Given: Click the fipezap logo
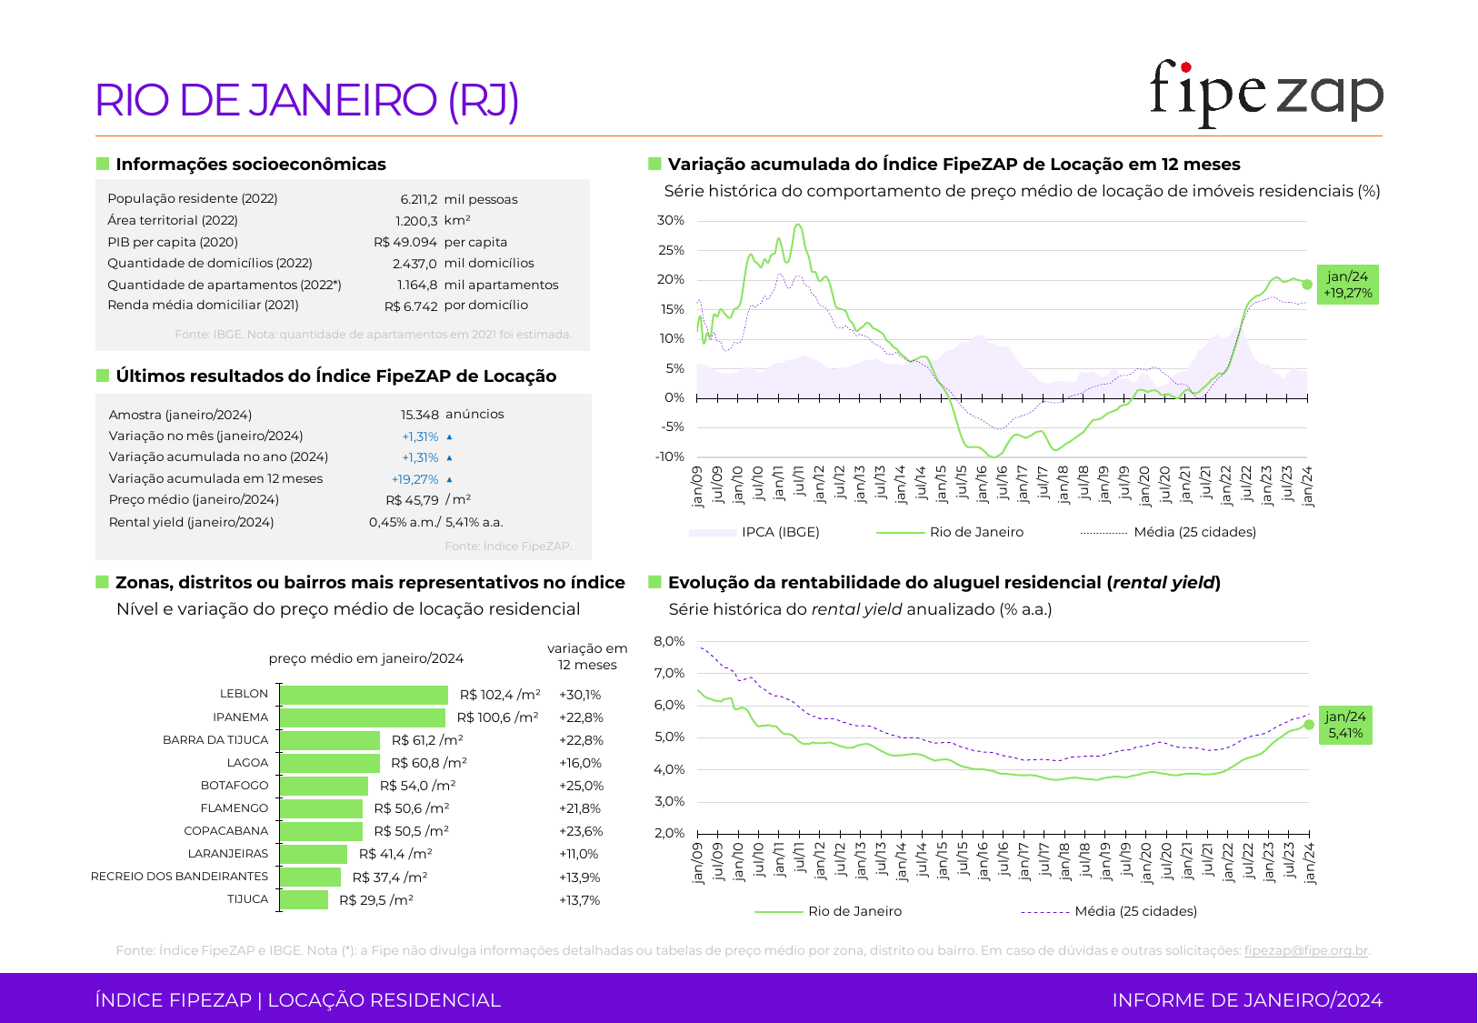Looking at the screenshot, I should pyautogui.click(x=1265, y=94).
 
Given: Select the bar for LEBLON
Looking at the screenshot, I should pyautogui.click(x=364, y=695).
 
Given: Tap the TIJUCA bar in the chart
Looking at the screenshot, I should pyautogui.click(x=304, y=899).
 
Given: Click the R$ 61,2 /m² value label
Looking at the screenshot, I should pyautogui.click(x=427, y=740).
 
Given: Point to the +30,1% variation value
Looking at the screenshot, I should pyautogui.click(x=580, y=695).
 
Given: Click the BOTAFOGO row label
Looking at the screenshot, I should pyautogui.click(x=235, y=786).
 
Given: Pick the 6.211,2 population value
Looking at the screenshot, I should pyautogui.click(x=418, y=199).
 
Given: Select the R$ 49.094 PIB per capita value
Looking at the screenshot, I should pyautogui.click(x=405, y=242).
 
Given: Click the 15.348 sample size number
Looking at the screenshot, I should pyautogui.click(x=420, y=415).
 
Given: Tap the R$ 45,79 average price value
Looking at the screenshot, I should pyautogui.click(x=412, y=500).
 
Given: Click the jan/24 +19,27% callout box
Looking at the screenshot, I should pyautogui.click(x=1347, y=285).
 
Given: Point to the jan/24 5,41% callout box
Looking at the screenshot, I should pyautogui.click(x=1345, y=725).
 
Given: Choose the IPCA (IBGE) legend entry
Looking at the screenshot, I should pyautogui.click(x=780, y=532).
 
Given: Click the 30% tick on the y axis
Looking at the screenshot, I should pyautogui.click(x=671, y=220).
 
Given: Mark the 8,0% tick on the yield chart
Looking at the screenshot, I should pyautogui.click(x=669, y=641).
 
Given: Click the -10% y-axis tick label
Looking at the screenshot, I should pyautogui.click(x=671, y=456).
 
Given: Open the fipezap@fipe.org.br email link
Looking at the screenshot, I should pyautogui.click(x=1305, y=950).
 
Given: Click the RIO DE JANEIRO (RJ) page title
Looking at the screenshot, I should pyautogui.click(x=307, y=100).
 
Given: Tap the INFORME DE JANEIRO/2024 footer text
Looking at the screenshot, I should pyautogui.click(x=1247, y=1000).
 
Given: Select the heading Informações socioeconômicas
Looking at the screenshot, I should pyautogui.click(x=250, y=165).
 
